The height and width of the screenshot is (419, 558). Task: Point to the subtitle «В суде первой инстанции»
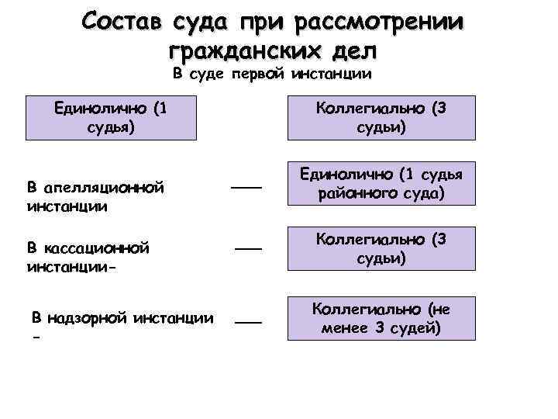[x=272, y=74]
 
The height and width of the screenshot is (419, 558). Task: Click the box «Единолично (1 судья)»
[x=110, y=116]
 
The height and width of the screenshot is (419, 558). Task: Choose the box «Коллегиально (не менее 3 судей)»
[x=381, y=319]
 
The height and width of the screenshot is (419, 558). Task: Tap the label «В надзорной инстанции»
[x=122, y=317]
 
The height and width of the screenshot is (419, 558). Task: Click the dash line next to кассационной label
[x=248, y=248]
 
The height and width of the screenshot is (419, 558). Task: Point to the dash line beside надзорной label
[x=249, y=321]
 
